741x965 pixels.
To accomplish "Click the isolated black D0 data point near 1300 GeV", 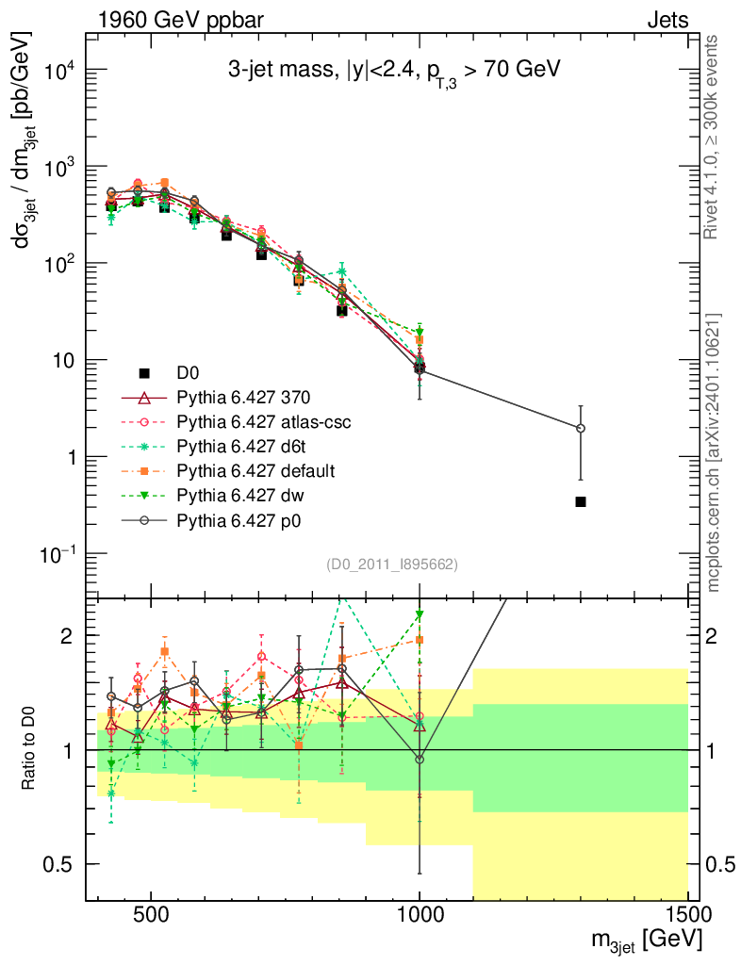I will click(581, 501).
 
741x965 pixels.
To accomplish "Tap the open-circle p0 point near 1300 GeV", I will click(581, 428).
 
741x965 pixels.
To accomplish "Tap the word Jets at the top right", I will click(667, 19).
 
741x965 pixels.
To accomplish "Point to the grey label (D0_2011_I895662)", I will click(392, 565).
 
